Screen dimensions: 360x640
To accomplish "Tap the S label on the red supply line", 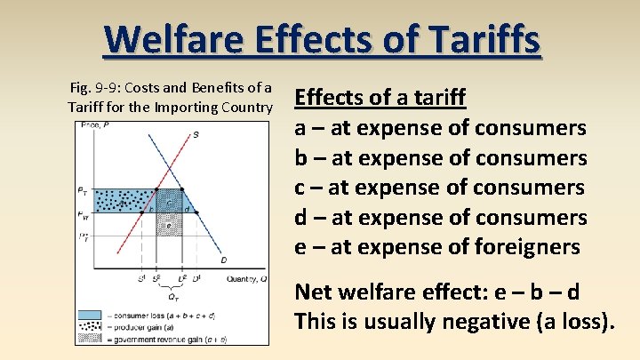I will [195, 134].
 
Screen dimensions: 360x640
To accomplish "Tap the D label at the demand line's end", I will [223, 260].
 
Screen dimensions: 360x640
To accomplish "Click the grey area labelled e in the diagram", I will [169, 225].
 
